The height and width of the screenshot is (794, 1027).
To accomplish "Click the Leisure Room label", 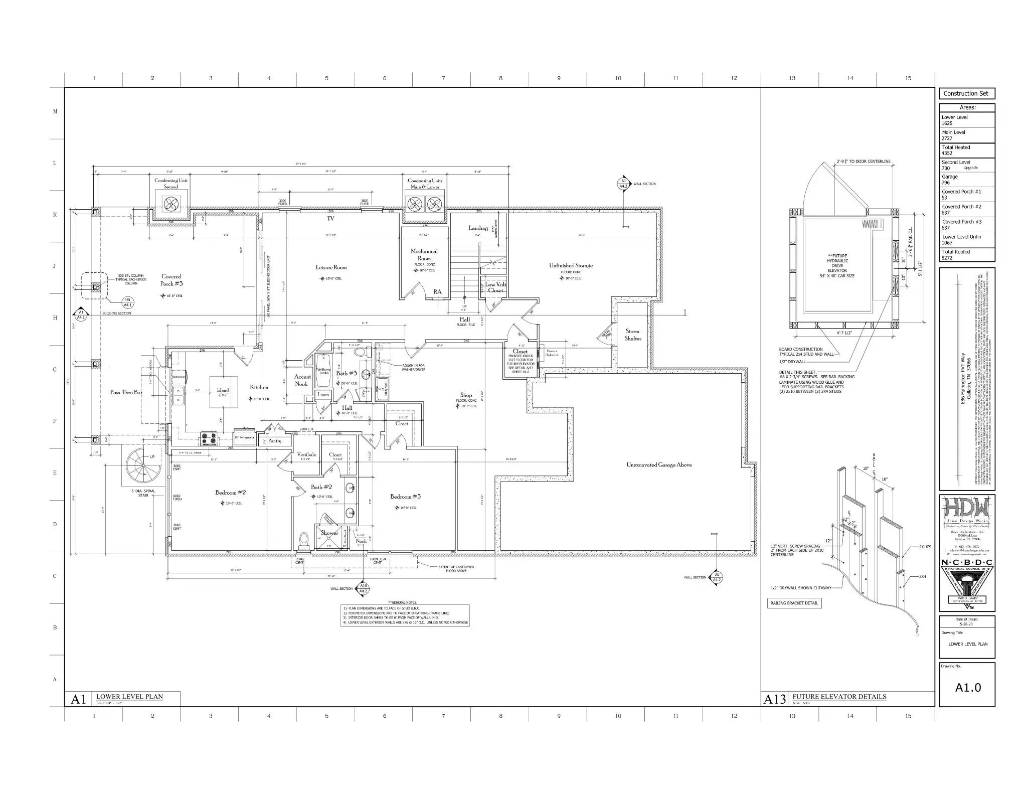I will tap(331, 267).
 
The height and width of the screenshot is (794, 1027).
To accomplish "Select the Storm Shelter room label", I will tap(632, 335).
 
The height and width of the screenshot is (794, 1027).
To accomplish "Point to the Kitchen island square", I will tap(223, 392).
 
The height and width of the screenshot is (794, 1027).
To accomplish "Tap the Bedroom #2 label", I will tap(230, 493).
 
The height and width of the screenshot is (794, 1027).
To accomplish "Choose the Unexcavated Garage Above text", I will tap(658, 465).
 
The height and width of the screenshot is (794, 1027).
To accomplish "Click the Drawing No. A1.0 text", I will tap(967, 688).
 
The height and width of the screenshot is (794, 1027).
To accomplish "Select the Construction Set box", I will tap(966, 94).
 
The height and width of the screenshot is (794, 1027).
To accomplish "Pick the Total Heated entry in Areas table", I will tap(966, 150).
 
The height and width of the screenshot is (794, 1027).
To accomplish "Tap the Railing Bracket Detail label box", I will tap(794, 603).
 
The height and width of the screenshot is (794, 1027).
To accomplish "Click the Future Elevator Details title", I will tap(839, 697).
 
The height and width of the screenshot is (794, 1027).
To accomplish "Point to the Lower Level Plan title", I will tap(129, 697).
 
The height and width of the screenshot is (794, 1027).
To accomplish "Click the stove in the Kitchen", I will tap(209, 438).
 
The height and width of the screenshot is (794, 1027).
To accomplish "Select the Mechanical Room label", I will tap(424, 254).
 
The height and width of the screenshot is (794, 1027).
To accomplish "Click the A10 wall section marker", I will tap(364, 589).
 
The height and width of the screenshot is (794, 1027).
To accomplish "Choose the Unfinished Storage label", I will tap(571, 265).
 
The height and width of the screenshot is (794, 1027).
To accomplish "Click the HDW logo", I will tap(966, 510).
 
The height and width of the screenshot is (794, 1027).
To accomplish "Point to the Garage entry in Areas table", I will tap(966, 180).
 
